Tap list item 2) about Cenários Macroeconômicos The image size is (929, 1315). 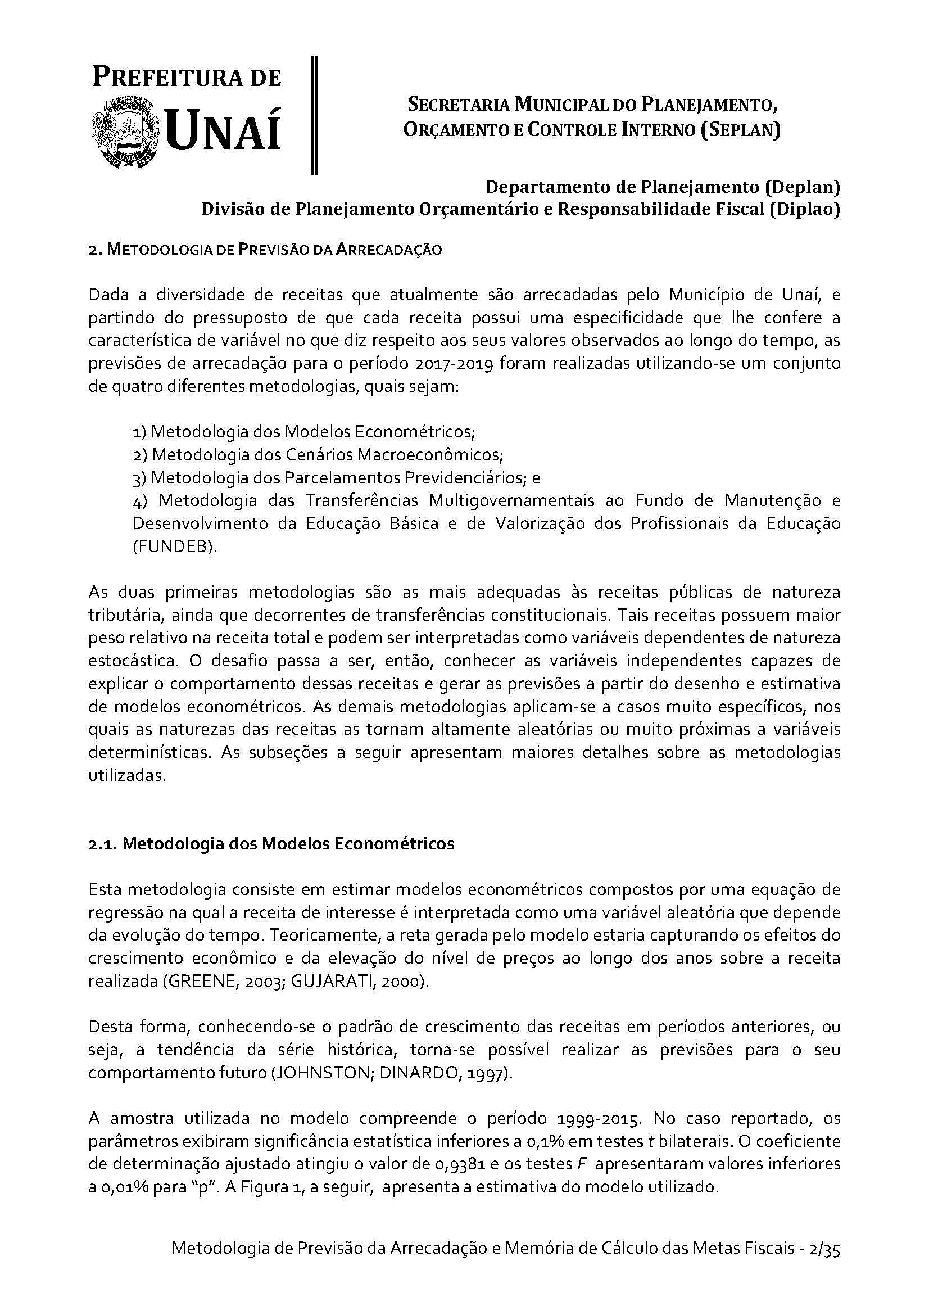point(318,455)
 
